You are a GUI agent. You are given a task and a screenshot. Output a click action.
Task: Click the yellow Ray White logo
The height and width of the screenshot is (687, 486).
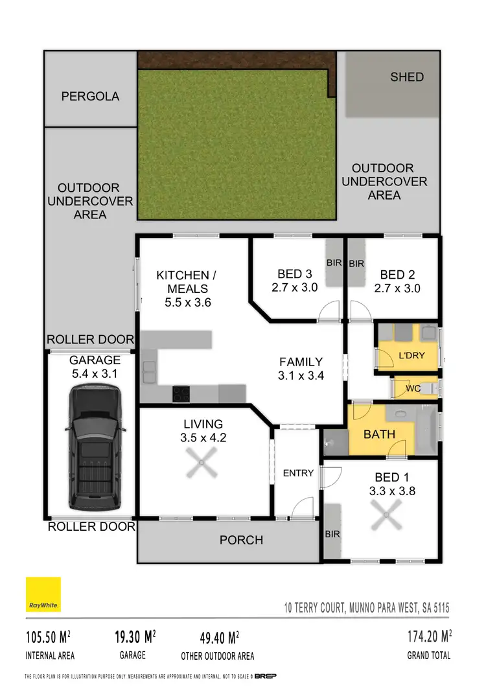[43, 594]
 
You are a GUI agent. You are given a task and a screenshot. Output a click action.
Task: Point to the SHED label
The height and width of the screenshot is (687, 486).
[407, 77]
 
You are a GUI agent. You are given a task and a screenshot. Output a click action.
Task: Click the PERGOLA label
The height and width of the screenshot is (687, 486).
[90, 97]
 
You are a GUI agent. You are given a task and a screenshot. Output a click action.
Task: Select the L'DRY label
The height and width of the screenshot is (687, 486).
[411, 356]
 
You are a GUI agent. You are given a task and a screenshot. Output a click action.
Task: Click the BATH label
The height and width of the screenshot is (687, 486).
[379, 434]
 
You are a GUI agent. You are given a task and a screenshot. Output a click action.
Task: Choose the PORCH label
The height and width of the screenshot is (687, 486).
[241, 540]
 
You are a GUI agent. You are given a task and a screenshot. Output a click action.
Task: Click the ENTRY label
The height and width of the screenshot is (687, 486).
[298, 473]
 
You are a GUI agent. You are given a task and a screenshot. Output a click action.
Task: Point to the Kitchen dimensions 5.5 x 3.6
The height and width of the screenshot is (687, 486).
[184, 302]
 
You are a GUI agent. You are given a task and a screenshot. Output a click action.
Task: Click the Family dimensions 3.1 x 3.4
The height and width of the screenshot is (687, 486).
[301, 375]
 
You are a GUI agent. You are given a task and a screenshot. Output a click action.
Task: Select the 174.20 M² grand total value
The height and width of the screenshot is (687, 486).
[428, 636]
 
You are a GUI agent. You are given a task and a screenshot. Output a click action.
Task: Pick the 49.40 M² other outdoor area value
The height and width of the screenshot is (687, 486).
[218, 636]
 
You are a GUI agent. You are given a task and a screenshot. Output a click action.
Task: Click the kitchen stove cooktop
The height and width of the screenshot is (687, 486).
[181, 393]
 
